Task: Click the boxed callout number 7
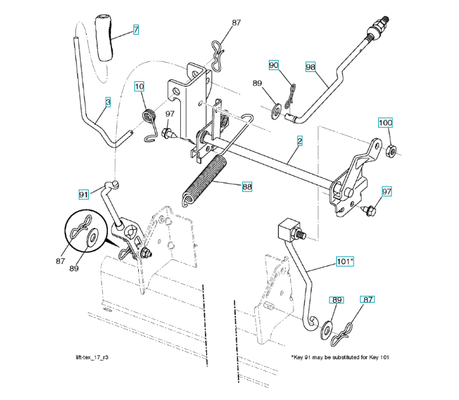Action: point(135,30)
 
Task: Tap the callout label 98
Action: point(310,67)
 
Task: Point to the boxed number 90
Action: point(274,65)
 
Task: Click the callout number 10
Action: point(139,85)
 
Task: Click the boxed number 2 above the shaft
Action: point(300,141)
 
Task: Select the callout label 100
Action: point(386,123)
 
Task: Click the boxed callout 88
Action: point(247,187)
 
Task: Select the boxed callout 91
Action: point(83,195)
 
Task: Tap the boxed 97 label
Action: point(386,191)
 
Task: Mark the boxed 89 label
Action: point(337,300)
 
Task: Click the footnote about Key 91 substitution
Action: point(340,357)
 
